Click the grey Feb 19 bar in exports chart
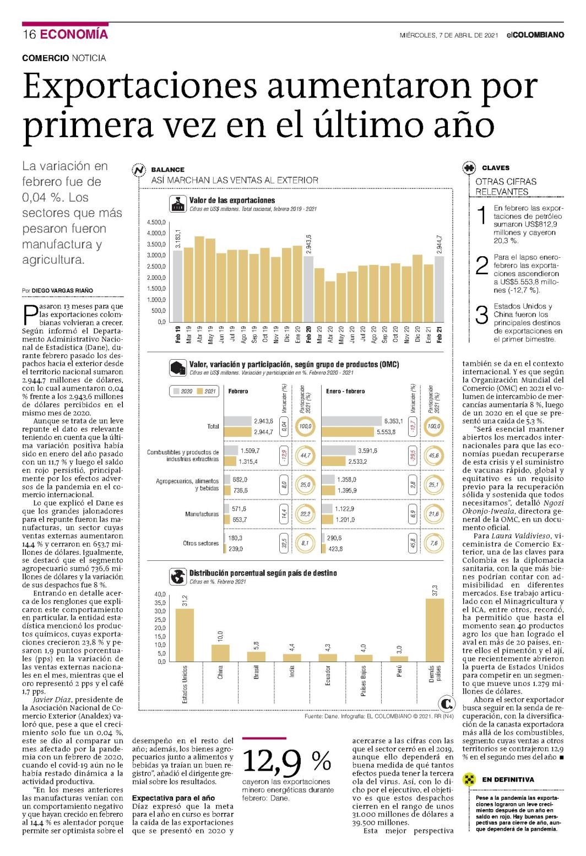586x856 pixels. [x=178, y=286]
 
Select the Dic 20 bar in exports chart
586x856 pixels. [x=417, y=288]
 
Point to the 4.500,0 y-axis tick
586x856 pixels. [x=156, y=223]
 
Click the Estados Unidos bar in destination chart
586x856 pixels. [x=185, y=635]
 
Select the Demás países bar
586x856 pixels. [x=435, y=630]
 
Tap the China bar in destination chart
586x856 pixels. [x=220, y=653]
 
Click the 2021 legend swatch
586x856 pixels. [x=199, y=391]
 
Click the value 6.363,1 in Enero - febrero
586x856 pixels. [x=393, y=421]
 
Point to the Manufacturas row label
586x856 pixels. [x=202, y=514]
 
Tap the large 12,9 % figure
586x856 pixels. [x=287, y=761]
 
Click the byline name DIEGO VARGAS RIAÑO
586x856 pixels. [x=62, y=290]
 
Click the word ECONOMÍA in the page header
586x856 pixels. [x=74, y=34]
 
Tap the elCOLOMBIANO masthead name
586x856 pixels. [x=535, y=35]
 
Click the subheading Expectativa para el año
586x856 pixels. [x=173, y=798]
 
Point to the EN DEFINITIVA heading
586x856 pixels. [x=508, y=779]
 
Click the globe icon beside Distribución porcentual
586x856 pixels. [x=177, y=576]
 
